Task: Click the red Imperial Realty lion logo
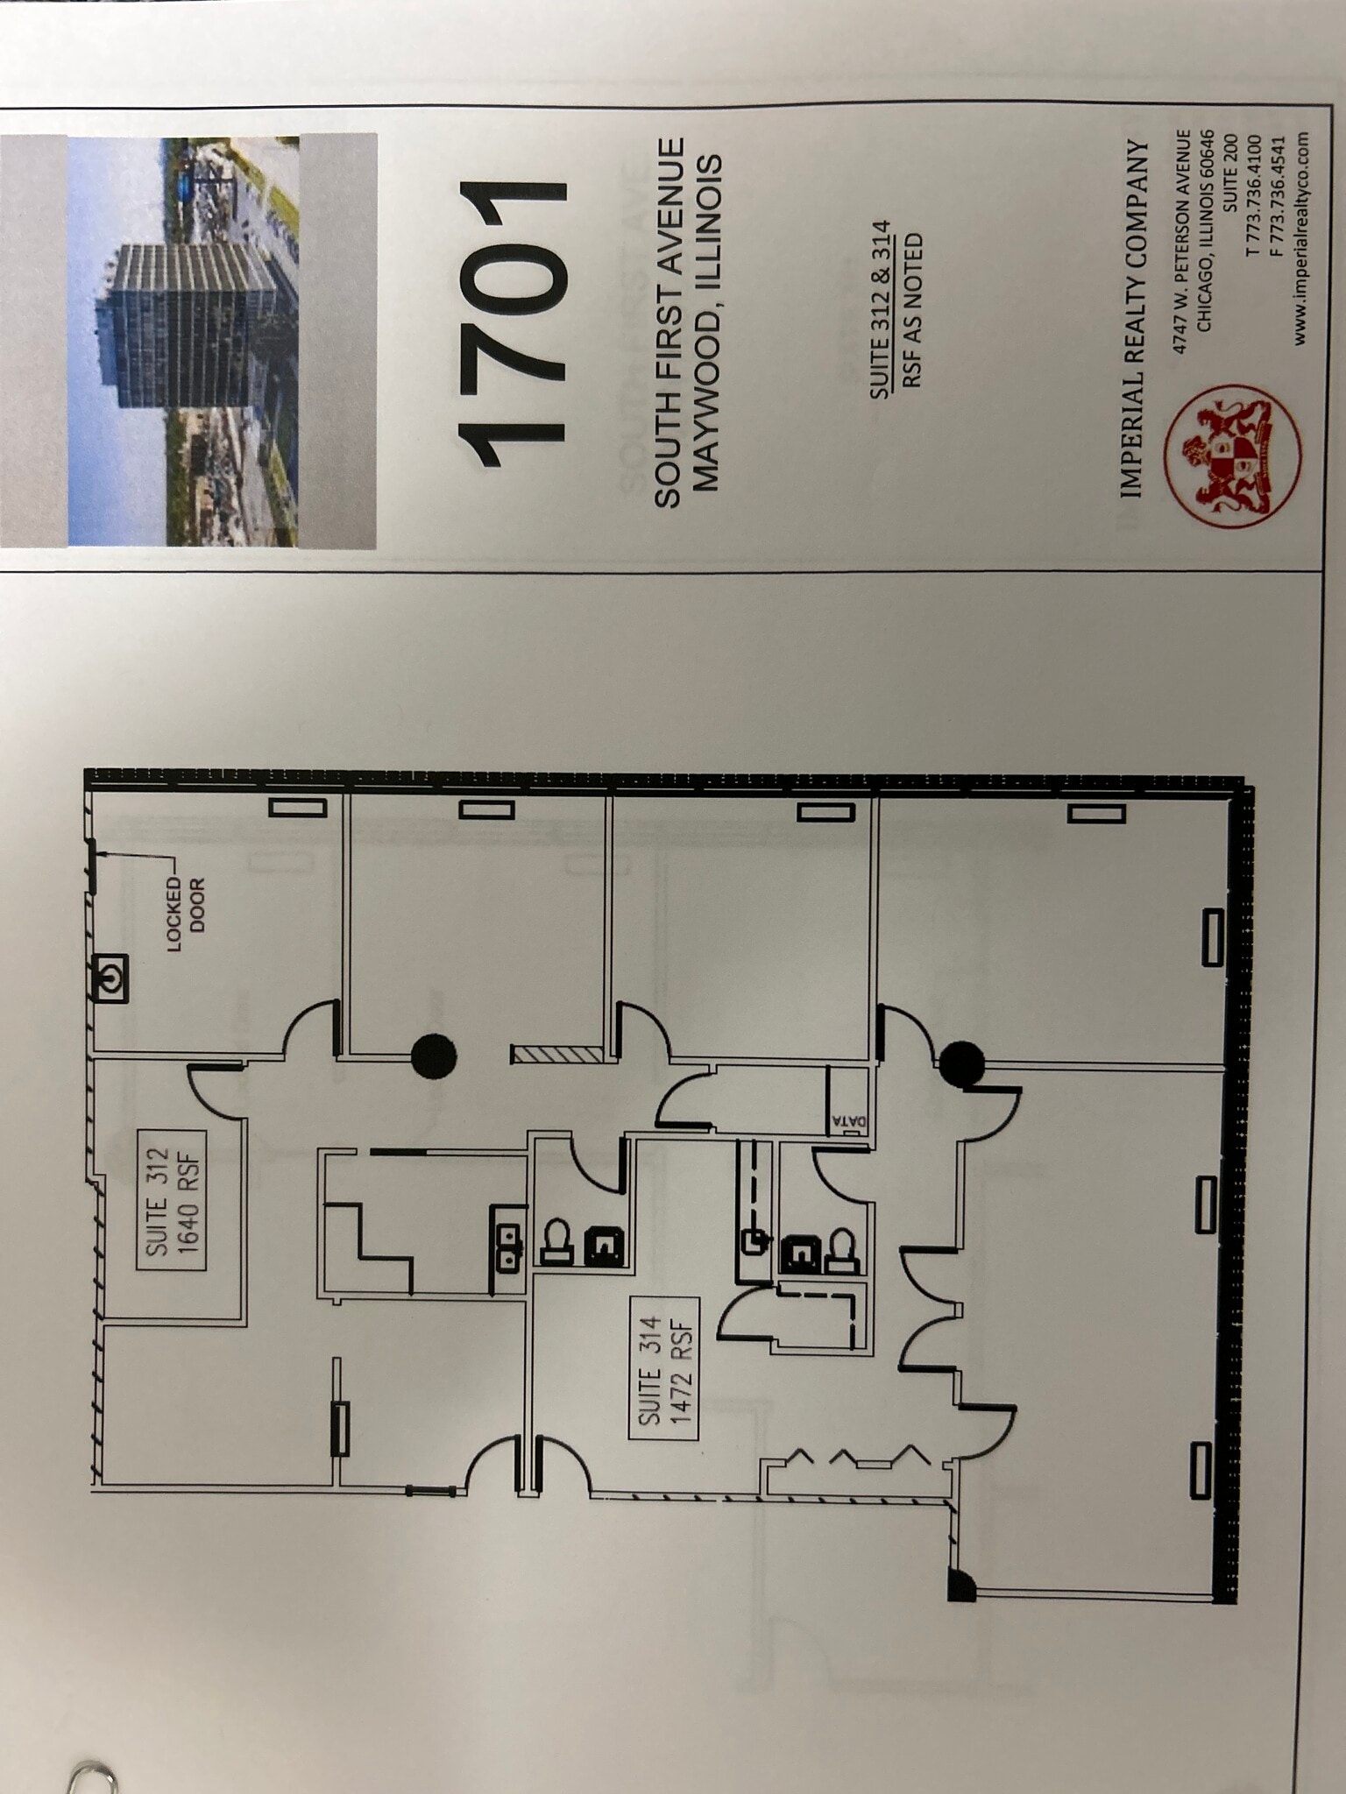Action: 1232,456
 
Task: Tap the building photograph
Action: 183,341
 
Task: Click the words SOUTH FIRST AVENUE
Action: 669,322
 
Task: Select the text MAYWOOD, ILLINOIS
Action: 705,322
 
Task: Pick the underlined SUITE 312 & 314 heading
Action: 881,310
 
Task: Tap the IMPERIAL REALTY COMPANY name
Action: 1133,320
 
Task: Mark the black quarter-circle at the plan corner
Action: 960,1584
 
